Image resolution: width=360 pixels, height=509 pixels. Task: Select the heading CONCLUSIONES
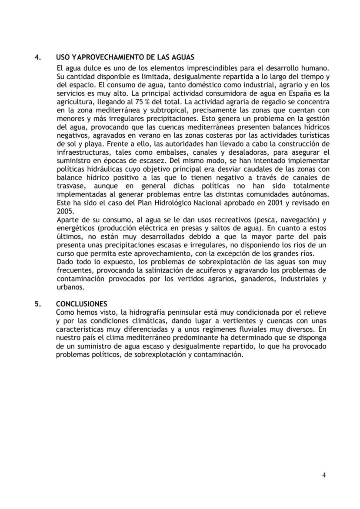pos(81,304)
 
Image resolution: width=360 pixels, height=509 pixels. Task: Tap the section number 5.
pos(38,304)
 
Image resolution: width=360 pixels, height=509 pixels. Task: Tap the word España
pos(309,93)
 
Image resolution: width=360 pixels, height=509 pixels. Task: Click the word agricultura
pos(75,101)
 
